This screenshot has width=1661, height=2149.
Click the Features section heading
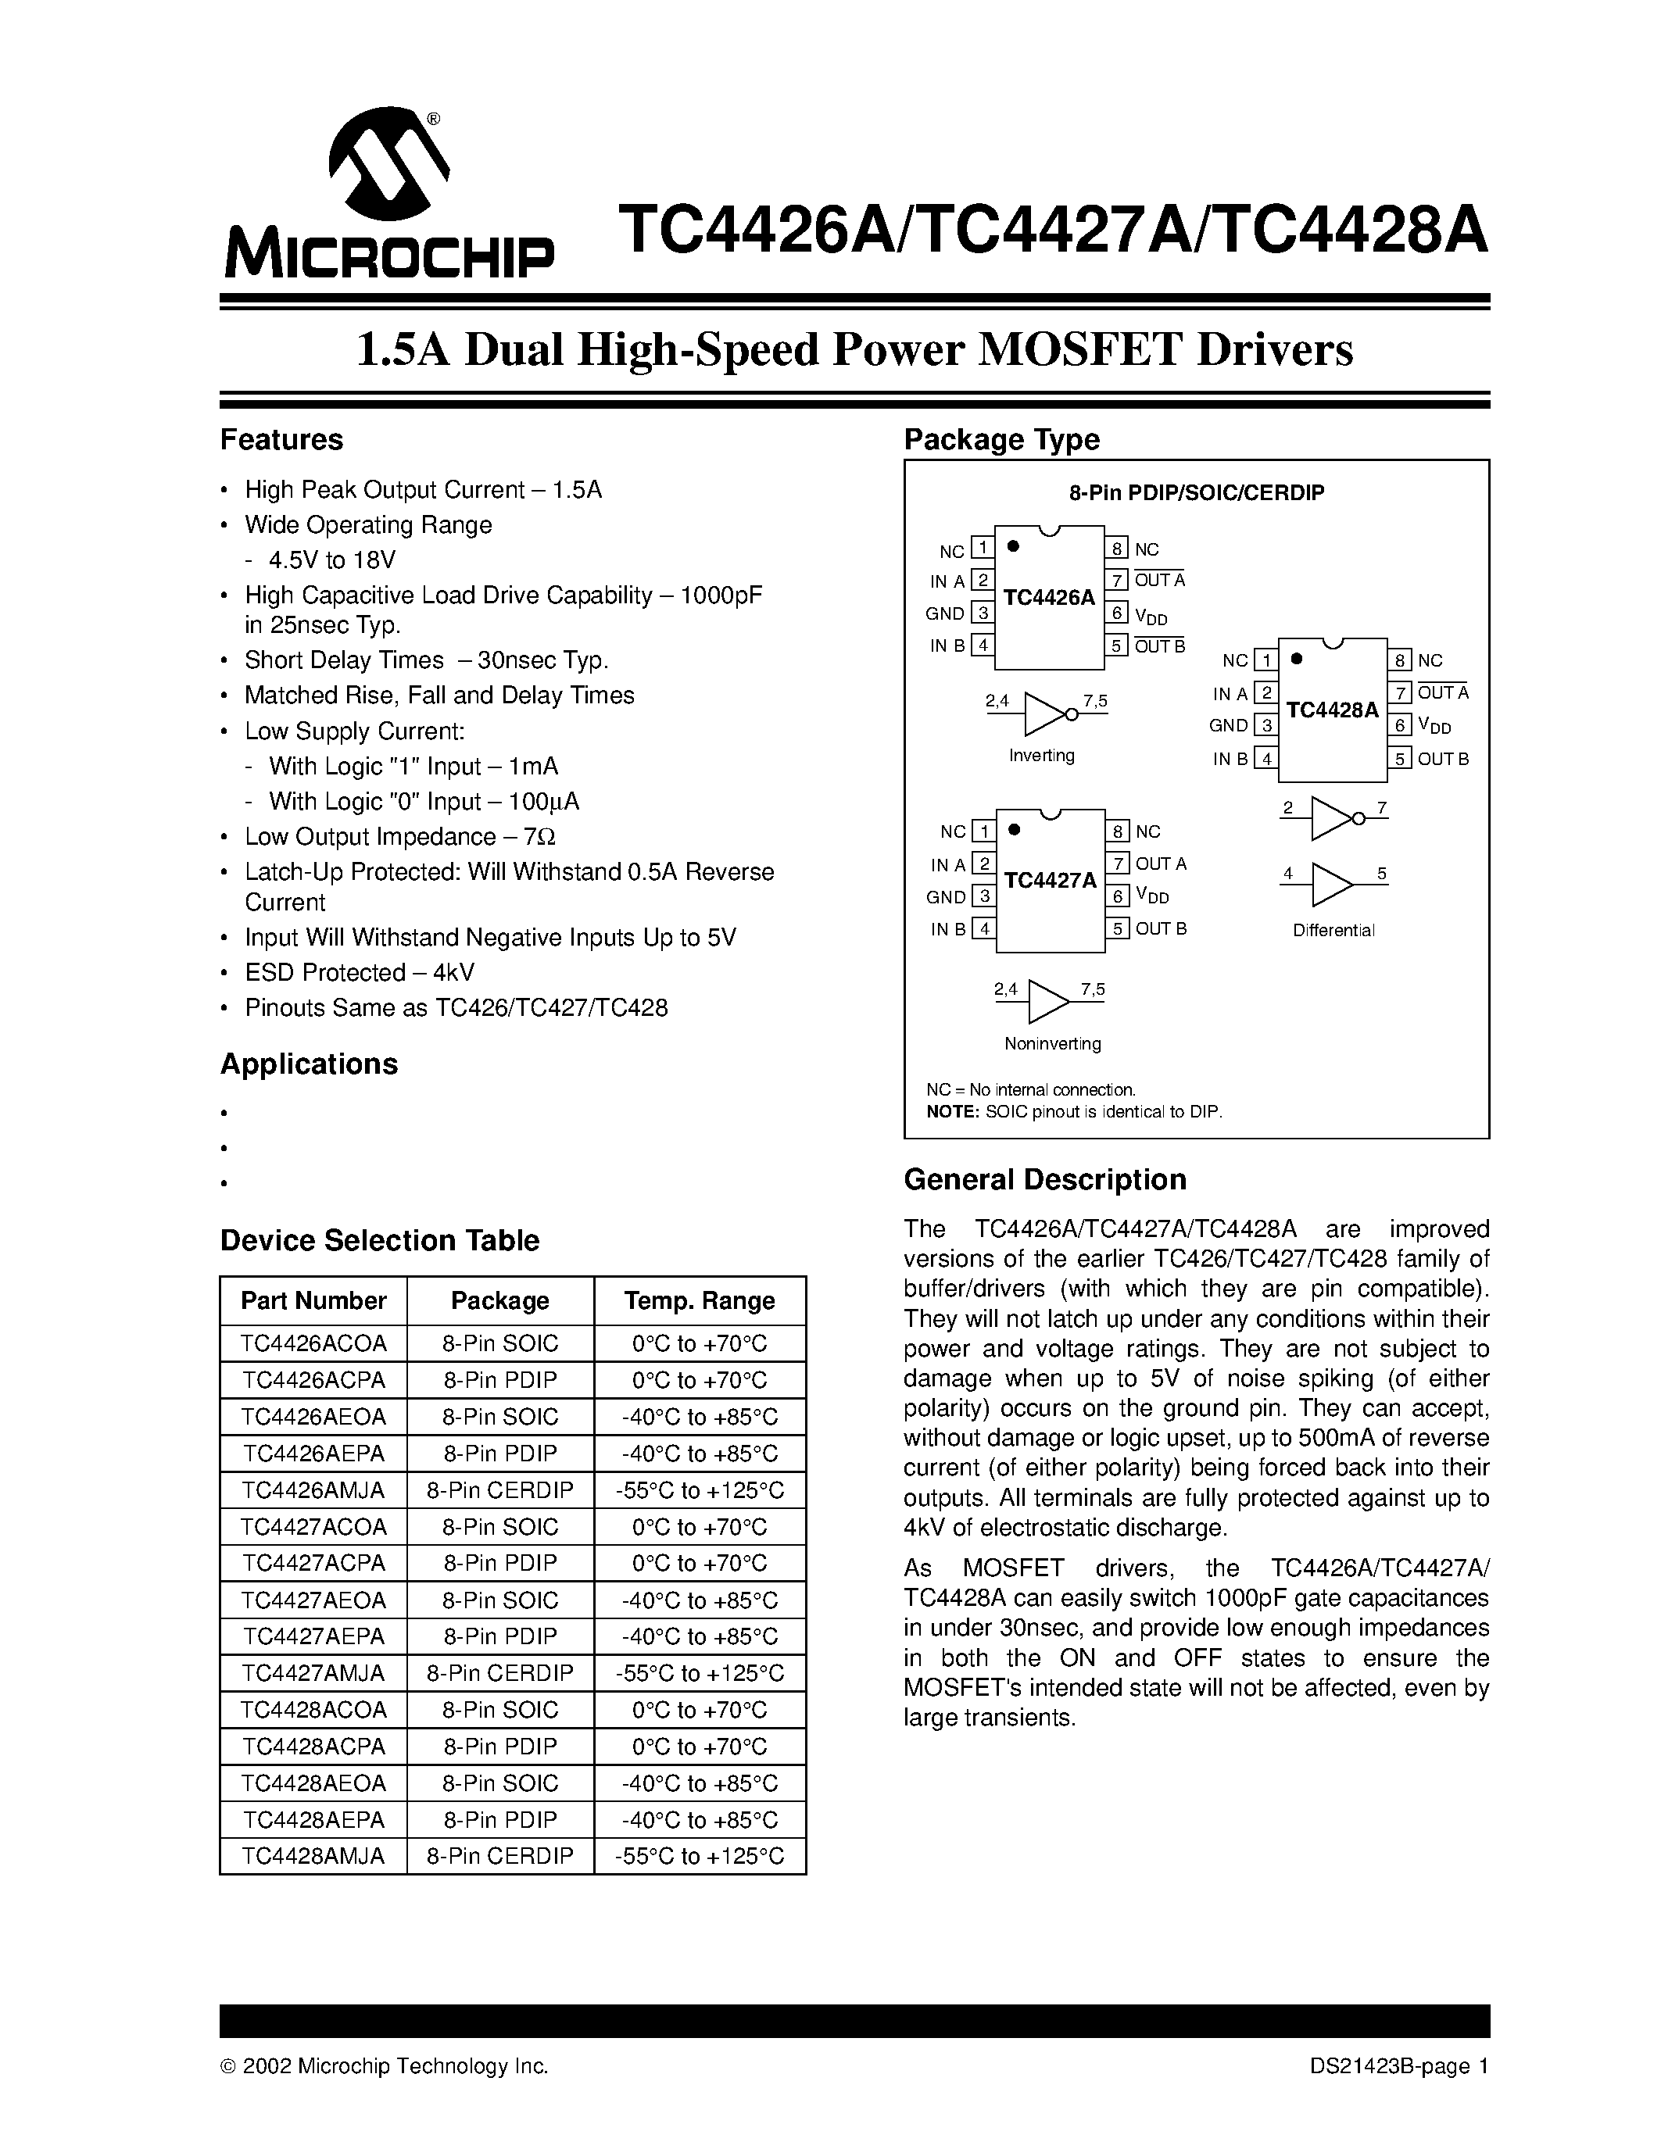[281, 440]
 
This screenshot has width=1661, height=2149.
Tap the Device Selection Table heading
[379, 1240]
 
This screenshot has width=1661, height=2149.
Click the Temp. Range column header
[699, 1301]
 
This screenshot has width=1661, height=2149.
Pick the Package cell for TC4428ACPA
[500, 1747]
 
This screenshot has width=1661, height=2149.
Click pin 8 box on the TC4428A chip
[1400, 660]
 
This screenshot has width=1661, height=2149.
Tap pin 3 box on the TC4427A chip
[983, 896]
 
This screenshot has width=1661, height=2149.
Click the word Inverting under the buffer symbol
[1041, 756]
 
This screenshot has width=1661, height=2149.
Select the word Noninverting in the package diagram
[1052, 1044]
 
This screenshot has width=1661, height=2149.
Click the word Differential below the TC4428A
[1333, 931]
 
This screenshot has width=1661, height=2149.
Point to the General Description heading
[1044, 1180]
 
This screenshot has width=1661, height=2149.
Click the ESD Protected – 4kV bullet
[359, 972]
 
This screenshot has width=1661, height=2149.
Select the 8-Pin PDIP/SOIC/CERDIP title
[1196, 492]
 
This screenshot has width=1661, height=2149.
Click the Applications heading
[309, 1064]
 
